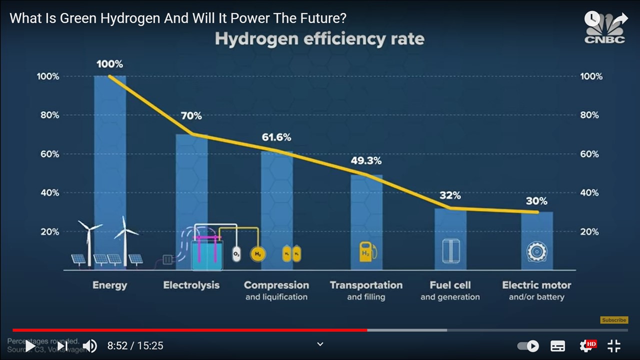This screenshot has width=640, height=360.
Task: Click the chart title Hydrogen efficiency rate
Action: tap(319, 39)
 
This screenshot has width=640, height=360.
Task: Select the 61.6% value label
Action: tap(276, 137)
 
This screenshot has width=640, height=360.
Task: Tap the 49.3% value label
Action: tap(365, 161)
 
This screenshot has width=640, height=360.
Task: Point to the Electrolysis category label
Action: tap(191, 285)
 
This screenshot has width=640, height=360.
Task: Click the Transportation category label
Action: tap(366, 285)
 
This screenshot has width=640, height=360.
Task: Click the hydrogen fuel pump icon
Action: tap(367, 251)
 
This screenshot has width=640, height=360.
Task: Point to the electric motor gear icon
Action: tap(536, 252)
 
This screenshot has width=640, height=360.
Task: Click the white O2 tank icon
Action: tap(236, 254)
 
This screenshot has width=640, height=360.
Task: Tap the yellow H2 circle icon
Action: tap(258, 254)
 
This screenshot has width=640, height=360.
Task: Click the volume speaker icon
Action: tap(89, 345)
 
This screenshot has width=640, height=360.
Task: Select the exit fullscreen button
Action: tap(614, 345)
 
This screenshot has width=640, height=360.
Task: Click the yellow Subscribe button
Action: tap(614, 320)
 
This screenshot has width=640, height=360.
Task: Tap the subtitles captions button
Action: tap(557, 345)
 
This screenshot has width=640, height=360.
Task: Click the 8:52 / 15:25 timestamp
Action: tap(135, 345)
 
